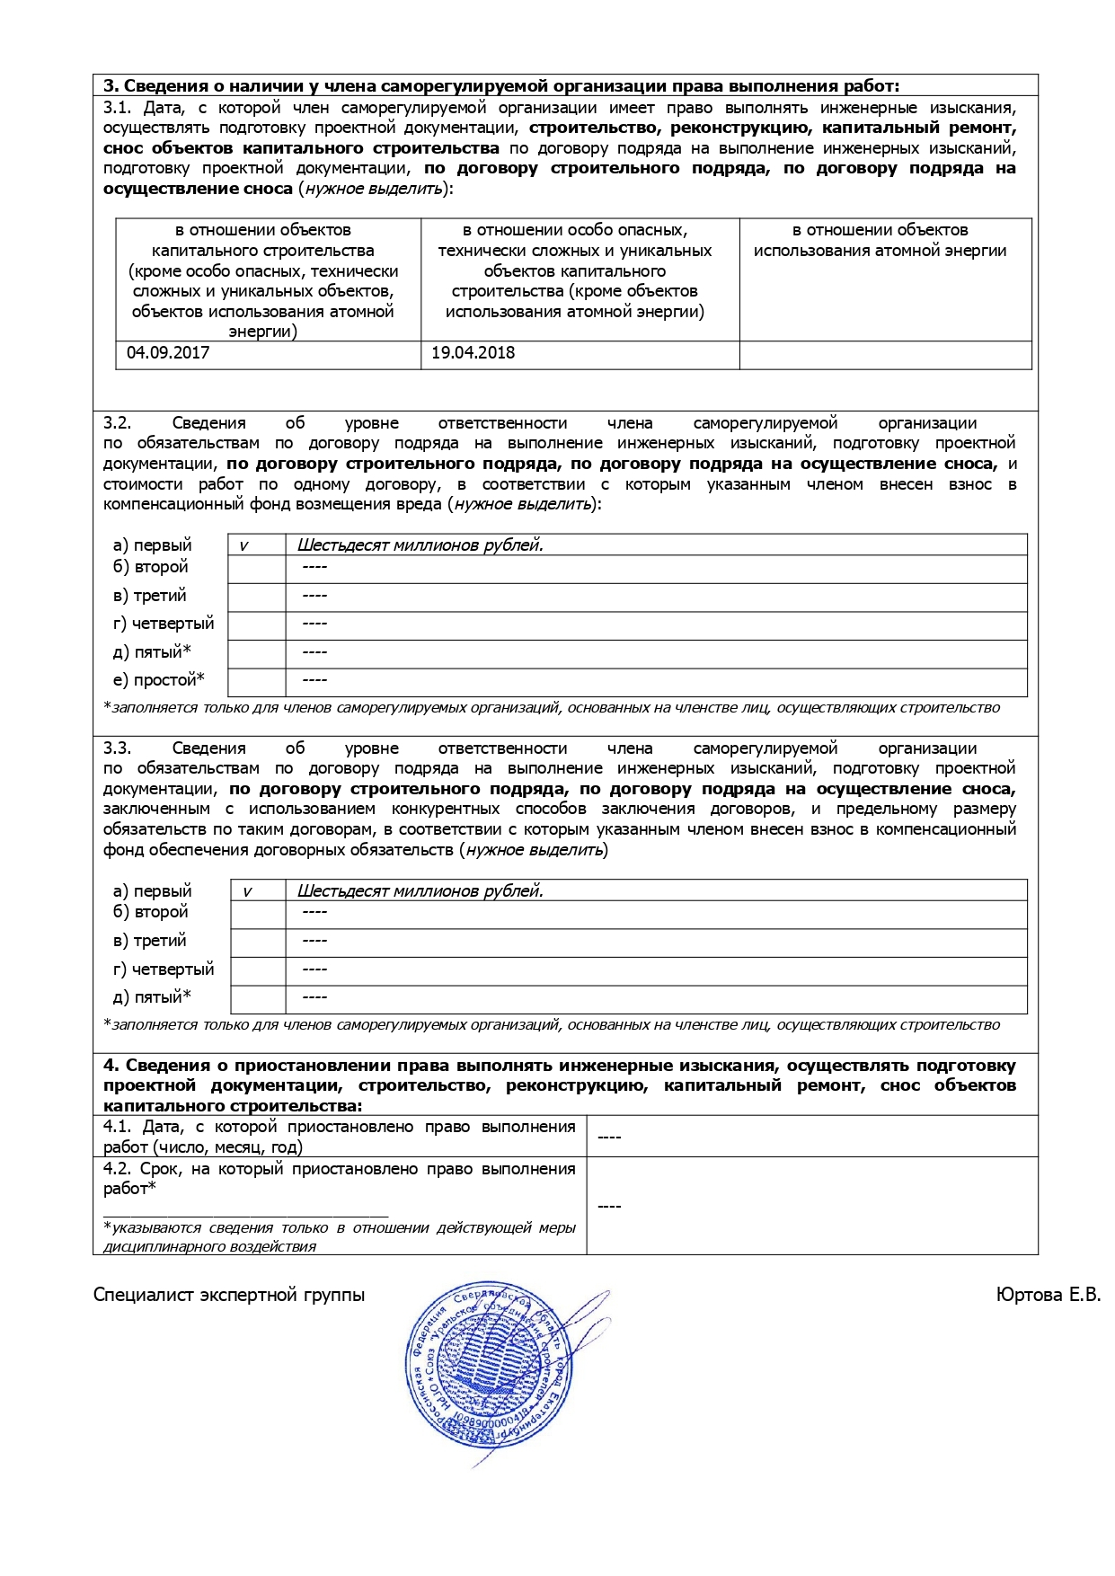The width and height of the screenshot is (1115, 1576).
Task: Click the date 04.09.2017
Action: [168, 353]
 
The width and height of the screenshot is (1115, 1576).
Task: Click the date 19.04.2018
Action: [473, 353]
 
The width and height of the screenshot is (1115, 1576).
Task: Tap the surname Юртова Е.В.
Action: [1048, 1295]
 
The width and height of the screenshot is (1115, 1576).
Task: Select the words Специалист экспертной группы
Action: [229, 1295]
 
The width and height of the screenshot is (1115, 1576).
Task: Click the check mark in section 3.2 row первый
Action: [243, 545]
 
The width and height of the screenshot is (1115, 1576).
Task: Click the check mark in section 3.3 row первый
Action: [247, 891]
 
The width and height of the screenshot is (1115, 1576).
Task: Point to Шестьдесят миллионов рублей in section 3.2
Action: [420, 545]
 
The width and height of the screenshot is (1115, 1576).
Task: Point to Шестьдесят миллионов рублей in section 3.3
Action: [420, 891]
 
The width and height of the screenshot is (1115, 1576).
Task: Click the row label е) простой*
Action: [158, 680]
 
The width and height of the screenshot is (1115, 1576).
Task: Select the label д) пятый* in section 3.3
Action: [152, 997]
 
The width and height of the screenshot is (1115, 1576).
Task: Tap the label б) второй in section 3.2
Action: [150, 567]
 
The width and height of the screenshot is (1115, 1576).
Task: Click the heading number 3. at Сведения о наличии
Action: [111, 86]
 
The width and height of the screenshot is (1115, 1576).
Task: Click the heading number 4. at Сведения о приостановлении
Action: [111, 1066]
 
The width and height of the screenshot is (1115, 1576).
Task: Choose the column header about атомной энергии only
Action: [880, 241]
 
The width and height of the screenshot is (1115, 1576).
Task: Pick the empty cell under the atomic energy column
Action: [885, 354]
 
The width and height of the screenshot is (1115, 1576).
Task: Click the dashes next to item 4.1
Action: [609, 1138]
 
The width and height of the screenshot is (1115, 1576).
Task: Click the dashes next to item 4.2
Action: [609, 1206]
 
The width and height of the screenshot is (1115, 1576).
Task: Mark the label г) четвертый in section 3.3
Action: [164, 970]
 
